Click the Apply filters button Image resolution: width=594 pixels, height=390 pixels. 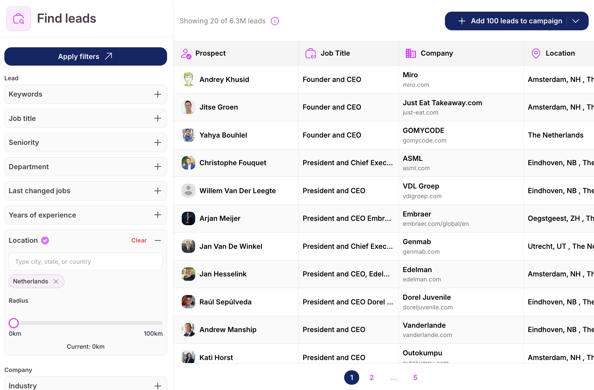[85, 57]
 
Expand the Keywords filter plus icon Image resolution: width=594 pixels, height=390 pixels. [158, 94]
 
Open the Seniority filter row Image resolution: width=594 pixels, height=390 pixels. [85, 143]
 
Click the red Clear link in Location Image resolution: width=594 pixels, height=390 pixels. [139, 240]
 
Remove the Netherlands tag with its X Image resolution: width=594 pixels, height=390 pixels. [56, 281]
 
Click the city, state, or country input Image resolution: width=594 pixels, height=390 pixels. [85, 262]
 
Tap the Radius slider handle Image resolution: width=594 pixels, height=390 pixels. [14, 323]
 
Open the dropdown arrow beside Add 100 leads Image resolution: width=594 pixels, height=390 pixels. [576, 21]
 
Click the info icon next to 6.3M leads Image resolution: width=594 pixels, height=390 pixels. [275, 21]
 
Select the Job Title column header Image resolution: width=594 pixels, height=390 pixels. [335, 53]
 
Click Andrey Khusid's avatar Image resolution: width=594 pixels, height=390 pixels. [188, 79]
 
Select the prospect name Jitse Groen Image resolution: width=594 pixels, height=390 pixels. [218, 107]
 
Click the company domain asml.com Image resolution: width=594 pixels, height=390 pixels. [416, 168]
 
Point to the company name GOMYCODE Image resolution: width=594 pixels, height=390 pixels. [423, 131]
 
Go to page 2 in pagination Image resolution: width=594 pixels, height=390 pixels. [372, 377]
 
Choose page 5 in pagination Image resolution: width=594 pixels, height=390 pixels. [415, 377]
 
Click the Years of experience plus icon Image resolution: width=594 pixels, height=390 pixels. [158, 215]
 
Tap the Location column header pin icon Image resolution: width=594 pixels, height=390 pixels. [536, 53]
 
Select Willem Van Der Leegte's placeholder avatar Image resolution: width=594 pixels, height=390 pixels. [188, 191]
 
